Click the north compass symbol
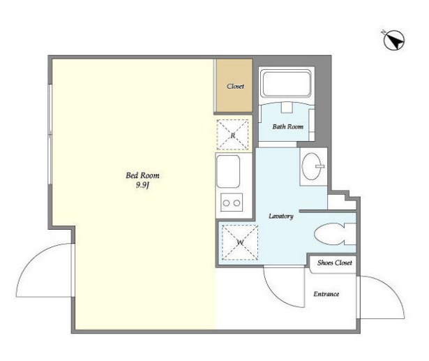pyautogui.click(x=394, y=40)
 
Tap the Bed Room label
pyautogui.click(x=142, y=175)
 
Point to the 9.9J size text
pyautogui.click(x=142, y=186)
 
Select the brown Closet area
pyautogui.click(x=234, y=85)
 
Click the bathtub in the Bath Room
pyautogui.click(x=285, y=84)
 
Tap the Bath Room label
pyautogui.click(x=288, y=126)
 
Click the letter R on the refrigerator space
pyautogui.click(x=232, y=135)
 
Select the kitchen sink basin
pyautogui.click(x=228, y=172)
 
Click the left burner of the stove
pyautogui.click(x=226, y=203)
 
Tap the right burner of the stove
pyautogui.click(x=237, y=203)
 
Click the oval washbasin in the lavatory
pyautogui.click(x=311, y=166)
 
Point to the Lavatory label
pyautogui.click(x=281, y=216)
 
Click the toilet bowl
pyautogui.click(x=329, y=234)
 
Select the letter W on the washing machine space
pyautogui.click(x=240, y=242)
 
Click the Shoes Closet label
pyautogui.click(x=335, y=263)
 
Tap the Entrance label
pyautogui.click(x=326, y=294)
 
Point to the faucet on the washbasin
pyautogui.click(x=319, y=166)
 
